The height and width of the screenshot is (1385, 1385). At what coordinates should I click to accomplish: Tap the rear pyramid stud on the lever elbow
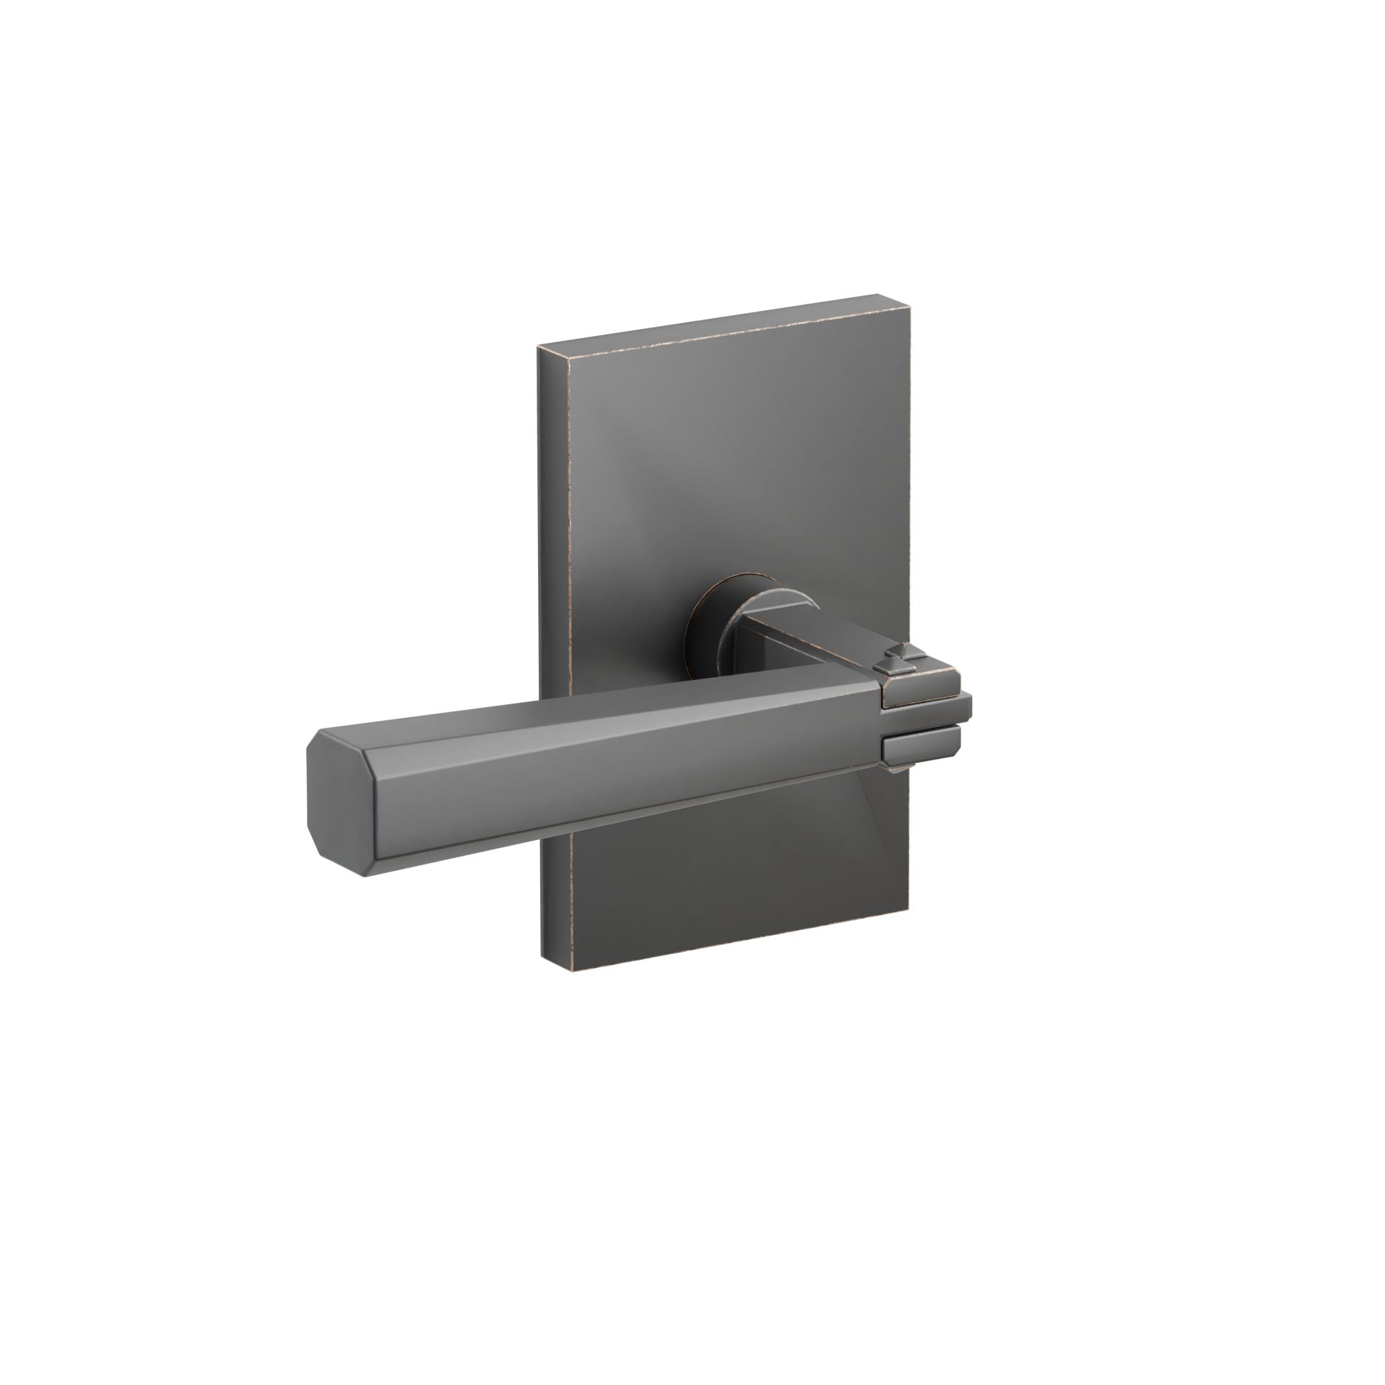pyautogui.click(x=894, y=654)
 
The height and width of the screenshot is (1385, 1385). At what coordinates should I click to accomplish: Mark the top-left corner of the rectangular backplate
pyautogui.click(x=539, y=347)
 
